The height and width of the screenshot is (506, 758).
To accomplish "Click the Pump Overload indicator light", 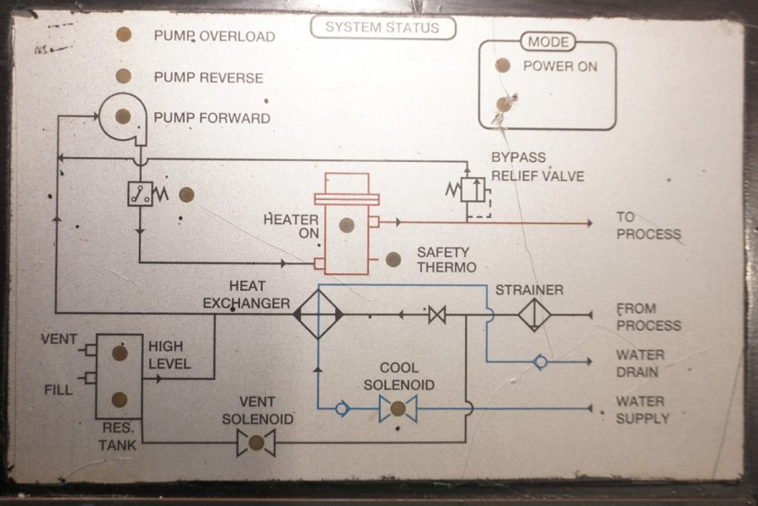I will [x=123, y=35].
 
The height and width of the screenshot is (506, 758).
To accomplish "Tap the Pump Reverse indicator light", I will [x=123, y=76].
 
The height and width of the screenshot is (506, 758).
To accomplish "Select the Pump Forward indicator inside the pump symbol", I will [x=123, y=116].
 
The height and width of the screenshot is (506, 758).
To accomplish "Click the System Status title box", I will [x=382, y=28].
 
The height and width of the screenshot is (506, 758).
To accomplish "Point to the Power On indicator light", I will [x=503, y=65].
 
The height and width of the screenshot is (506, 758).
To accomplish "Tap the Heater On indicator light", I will [x=346, y=225].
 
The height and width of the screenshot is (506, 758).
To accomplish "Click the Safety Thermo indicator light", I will [x=392, y=260].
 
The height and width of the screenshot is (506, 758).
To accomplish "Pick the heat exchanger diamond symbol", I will [x=318, y=314].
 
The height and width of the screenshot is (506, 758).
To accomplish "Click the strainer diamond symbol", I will [x=534, y=314].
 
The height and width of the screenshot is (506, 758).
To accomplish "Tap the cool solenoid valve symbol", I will [x=398, y=409].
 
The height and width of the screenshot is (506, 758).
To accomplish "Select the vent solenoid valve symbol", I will [x=256, y=442].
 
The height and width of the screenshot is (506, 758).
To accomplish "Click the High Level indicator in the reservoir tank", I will [x=120, y=353].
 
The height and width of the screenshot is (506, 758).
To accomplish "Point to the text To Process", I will [x=648, y=226].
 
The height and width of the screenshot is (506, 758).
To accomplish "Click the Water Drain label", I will [x=640, y=363].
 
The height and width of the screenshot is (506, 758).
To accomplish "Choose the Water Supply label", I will [x=643, y=410].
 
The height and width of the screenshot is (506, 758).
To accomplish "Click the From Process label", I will [x=648, y=317].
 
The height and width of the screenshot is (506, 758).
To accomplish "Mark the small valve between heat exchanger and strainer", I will [x=437, y=315].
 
